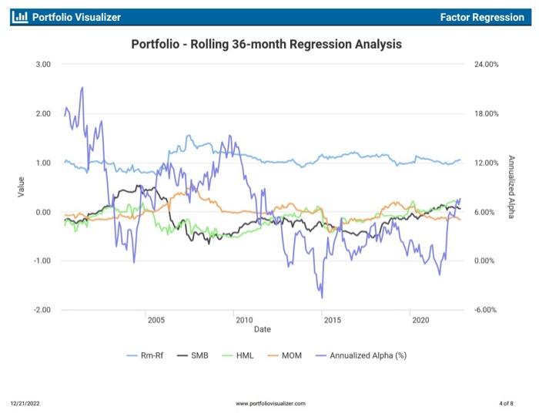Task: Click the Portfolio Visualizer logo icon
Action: pos(21,17)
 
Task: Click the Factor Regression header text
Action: pos(482,17)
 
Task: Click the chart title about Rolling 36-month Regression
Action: pos(266,45)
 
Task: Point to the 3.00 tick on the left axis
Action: pos(43,65)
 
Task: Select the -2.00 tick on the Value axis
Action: pos(42,310)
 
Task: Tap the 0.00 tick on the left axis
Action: pos(43,212)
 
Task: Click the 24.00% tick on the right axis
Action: pos(487,65)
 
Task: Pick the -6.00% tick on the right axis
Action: pos(487,310)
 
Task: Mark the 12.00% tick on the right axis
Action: pos(487,163)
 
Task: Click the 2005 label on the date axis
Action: pos(156,320)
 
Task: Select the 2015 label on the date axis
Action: pos(332,320)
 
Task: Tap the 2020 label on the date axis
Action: pos(420,320)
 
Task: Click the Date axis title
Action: pos(263,329)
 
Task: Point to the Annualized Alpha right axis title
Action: pos(511,187)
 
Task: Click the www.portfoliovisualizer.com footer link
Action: pos(270,403)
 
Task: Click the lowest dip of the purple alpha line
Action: pos(322,298)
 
